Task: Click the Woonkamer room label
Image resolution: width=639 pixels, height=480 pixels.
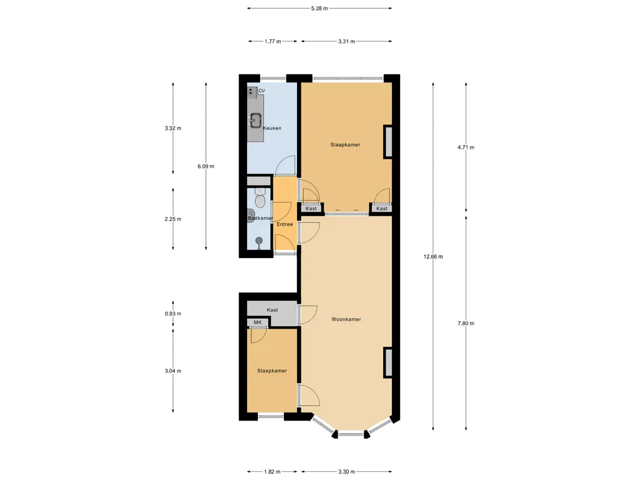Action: (346, 319)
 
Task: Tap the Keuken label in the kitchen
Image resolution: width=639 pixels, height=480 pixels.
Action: (272, 128)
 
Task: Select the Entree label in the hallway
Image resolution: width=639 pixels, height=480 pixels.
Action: (285, 224)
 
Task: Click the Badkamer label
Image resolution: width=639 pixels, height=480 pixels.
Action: (260, 218)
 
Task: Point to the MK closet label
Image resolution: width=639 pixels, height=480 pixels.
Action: (258, 322)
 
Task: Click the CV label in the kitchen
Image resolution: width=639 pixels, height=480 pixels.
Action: (261, 91)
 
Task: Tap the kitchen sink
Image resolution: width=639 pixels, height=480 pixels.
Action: (255, 120)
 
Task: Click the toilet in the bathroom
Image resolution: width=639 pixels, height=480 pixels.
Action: (260, 198)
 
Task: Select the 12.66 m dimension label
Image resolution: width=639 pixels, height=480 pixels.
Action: (433, 257)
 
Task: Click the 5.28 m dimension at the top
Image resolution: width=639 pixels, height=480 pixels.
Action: (319, 8)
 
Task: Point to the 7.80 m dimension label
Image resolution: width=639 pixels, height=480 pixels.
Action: (466, 323)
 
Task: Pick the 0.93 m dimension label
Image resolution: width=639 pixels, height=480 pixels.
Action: (173, 314)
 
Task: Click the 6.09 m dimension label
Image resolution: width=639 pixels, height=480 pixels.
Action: (206, 166)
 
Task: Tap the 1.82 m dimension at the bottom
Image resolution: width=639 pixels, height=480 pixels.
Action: (272, 472)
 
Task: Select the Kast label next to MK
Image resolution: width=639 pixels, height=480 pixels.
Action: (272, 310)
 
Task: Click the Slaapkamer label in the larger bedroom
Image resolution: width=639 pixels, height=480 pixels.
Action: (345, 144)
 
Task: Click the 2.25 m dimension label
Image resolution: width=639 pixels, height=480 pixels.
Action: (173, 219)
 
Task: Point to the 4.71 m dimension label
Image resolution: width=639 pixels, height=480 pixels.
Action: (466, 147)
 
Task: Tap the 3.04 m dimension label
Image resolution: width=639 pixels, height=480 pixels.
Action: (173, 371)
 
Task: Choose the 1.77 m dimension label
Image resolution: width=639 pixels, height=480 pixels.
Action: (273, 41)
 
